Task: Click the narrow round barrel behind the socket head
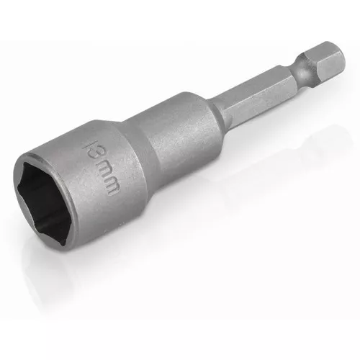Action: pos(180,140)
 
